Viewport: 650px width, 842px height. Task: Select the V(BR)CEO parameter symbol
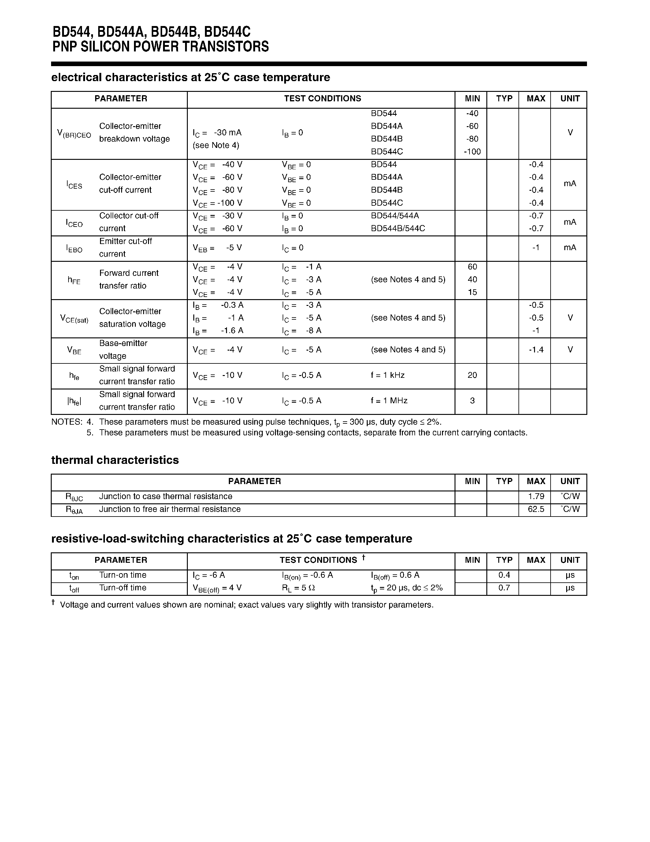pos(74,133)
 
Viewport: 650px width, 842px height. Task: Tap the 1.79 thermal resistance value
pos(536,496)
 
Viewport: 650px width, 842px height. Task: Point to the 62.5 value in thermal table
pos(536,509)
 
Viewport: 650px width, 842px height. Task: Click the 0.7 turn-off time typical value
pos(504,588)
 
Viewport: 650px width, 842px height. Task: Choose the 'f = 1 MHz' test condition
pos(389,400)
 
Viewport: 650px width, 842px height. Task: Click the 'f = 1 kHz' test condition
pos(387,375)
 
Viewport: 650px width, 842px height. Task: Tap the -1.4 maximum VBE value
pos(536,350)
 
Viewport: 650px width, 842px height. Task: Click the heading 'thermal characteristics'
pos(115,460)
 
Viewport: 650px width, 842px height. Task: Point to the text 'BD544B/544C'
pos(398,228)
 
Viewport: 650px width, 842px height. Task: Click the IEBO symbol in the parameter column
pos(74,249)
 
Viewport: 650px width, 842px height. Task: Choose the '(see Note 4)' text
pos(216,145)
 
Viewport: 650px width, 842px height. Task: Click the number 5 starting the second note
pos(90,433)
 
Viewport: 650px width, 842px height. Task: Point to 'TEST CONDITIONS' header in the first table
pos(322,99)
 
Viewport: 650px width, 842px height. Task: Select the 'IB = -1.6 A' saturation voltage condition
pos(218,331)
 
